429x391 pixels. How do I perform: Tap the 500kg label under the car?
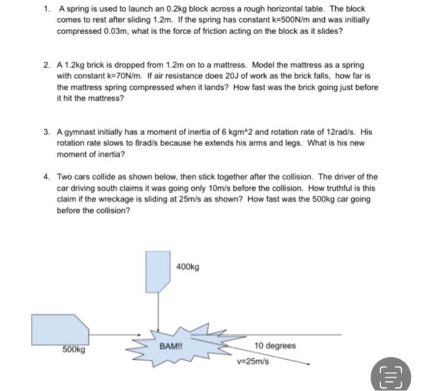point(74,350)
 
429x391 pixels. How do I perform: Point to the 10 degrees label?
point(275,346)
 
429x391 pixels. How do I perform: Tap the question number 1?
point(47,10)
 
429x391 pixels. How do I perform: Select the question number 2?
point(47,64)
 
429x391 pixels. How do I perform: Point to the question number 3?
point(47,132)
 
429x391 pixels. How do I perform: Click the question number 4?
point(47,176)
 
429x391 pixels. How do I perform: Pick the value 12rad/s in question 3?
point(338,132)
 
